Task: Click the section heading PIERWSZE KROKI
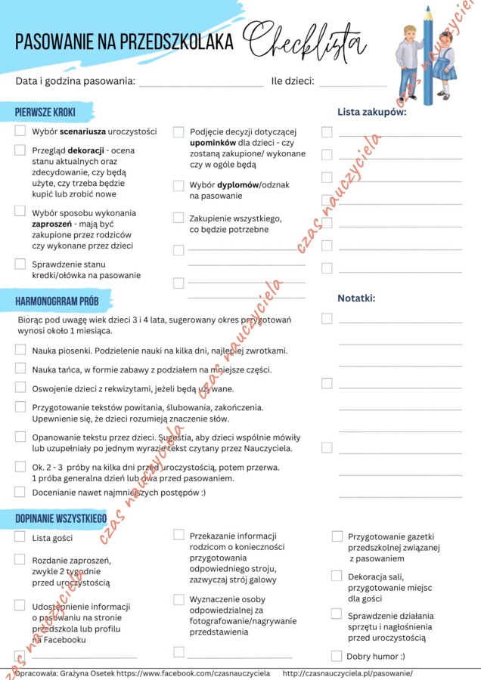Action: (45, 113)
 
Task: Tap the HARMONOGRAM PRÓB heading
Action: (57, 301)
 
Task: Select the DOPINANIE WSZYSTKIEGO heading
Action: (61, 518)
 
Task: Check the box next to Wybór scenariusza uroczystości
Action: (20, 131)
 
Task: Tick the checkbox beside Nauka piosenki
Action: (20, 350)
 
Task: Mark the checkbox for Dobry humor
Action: (337, 656)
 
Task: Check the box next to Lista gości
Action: (20, 537)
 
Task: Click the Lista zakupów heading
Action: (371, 113)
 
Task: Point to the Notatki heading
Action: (356, 298)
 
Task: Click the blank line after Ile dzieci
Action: (352, 82)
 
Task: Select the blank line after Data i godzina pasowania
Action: (201, 82)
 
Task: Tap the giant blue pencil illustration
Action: (428, 57)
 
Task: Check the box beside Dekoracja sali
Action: (337, 576)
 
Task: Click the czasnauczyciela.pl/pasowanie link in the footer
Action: (347, 672)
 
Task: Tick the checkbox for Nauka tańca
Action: (20, 369)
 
